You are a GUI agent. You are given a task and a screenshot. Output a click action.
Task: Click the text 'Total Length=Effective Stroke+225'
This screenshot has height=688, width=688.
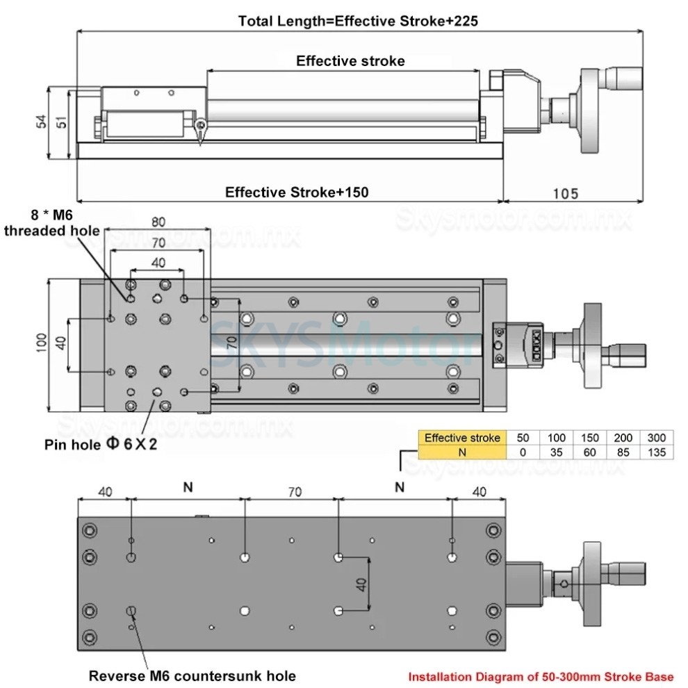[358, 21]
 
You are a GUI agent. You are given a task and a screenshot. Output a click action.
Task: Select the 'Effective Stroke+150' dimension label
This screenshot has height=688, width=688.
[297, 193]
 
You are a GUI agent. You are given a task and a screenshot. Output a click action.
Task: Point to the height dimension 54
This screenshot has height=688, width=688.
[41, 123]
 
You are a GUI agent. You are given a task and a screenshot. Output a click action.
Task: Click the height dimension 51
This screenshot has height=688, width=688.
[61, 123]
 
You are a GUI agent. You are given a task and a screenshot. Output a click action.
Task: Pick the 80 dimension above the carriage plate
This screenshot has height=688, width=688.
[158, 223]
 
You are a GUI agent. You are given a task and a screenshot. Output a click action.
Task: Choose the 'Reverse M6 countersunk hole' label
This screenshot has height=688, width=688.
[193, 675]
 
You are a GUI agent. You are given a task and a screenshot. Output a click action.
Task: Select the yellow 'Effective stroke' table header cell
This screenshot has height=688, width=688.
[462, 438]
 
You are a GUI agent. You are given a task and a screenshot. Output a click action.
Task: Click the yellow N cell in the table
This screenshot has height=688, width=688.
[462, 452]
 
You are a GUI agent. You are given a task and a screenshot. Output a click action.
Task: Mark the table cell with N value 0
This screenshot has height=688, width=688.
[523, 452]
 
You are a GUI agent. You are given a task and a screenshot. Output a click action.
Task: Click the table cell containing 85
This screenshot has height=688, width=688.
[623, 452]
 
